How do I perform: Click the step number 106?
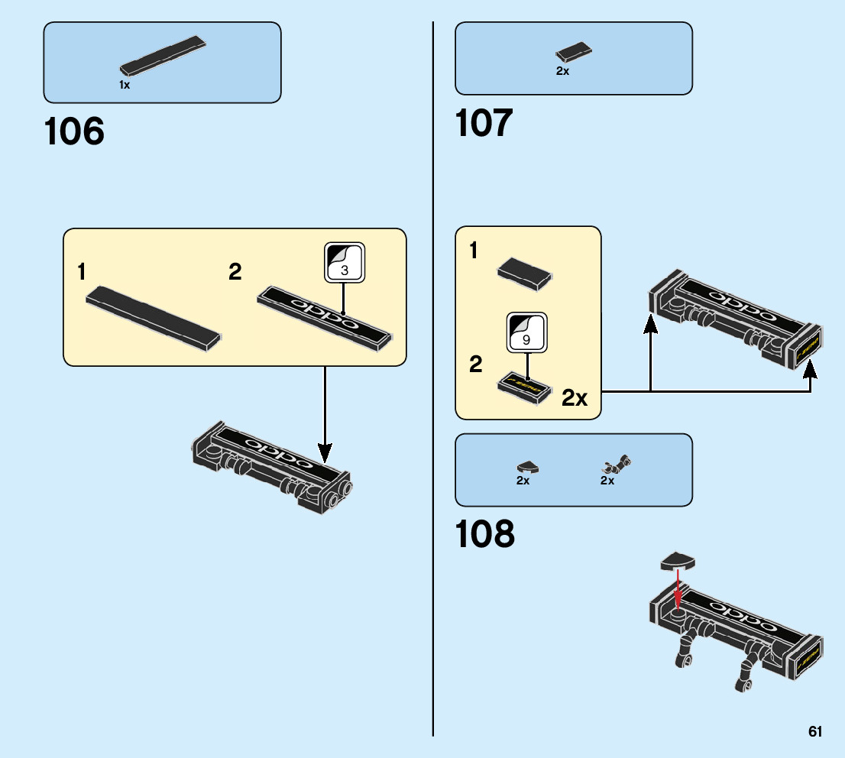pos(74,131)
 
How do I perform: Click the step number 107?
pos(484,123)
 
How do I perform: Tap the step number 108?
pos(484,534)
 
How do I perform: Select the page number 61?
pos(815,731)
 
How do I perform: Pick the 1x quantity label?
pos(125,86)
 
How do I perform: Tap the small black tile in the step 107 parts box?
pos(574,53)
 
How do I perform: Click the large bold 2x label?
pos(575,397)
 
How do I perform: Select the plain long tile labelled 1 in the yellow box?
pos(154,318)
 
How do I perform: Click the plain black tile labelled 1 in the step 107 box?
pos(524,273)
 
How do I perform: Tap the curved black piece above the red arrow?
pos(678,561)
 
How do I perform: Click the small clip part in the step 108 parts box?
pos(617,464)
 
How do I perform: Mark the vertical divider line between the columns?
pos(433,382)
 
